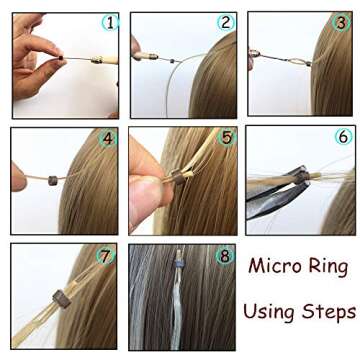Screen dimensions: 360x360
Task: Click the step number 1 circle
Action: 110,21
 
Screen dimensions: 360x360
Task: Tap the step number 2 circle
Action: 226,21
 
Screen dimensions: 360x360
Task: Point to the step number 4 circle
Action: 109,138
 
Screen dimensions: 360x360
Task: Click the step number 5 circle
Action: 226,137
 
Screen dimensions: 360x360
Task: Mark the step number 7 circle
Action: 107,255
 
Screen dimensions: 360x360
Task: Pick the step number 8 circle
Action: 225,256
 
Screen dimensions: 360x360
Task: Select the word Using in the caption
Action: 267,312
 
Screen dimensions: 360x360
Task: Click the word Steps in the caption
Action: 326,312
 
